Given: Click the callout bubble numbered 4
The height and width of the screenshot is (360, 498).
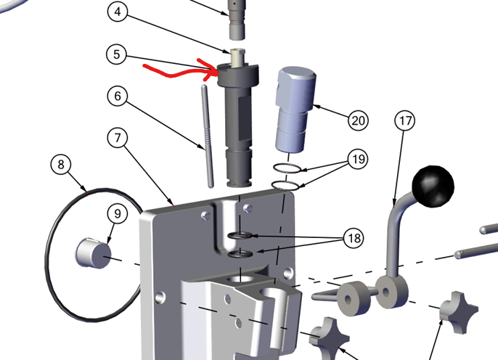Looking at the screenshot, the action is [x=118, y=12].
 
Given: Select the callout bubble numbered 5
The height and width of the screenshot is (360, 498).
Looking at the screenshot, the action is [x=117, y=54].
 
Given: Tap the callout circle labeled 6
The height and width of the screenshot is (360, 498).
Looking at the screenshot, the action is [x=118, y=96].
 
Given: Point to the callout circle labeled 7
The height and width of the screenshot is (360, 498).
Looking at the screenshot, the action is [x=118, y=138].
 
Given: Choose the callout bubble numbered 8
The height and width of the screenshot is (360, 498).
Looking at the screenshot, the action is [x=61, y=165].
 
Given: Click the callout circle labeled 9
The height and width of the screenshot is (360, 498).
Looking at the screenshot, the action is [x=118, y=213].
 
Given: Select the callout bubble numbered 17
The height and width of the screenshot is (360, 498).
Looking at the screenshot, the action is [x=405, y=120].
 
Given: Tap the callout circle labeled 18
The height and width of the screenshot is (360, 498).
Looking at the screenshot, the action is [x=354, y=238].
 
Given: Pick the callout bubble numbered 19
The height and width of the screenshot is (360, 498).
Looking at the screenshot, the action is [x=359, y=159].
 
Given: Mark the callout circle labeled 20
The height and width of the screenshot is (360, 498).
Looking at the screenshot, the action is [x=359, y=120].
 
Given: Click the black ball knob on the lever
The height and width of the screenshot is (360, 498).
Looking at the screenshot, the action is [x=433, y=187].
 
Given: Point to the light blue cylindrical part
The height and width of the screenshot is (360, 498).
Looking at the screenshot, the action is [x=295, y=110].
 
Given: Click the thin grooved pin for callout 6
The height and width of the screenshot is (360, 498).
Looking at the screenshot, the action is [x=208, y=136].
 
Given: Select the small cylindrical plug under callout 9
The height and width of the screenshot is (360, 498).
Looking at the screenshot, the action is [x=94, y=253].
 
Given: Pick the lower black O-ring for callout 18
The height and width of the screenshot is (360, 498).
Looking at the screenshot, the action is [x=240, y=253].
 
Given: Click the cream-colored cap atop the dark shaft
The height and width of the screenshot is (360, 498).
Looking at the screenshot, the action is [x=237, y=57].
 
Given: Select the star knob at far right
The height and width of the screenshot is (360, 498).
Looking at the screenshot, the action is [x=459, y=312].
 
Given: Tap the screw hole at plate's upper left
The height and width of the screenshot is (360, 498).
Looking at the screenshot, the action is [x=206, y=216].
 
